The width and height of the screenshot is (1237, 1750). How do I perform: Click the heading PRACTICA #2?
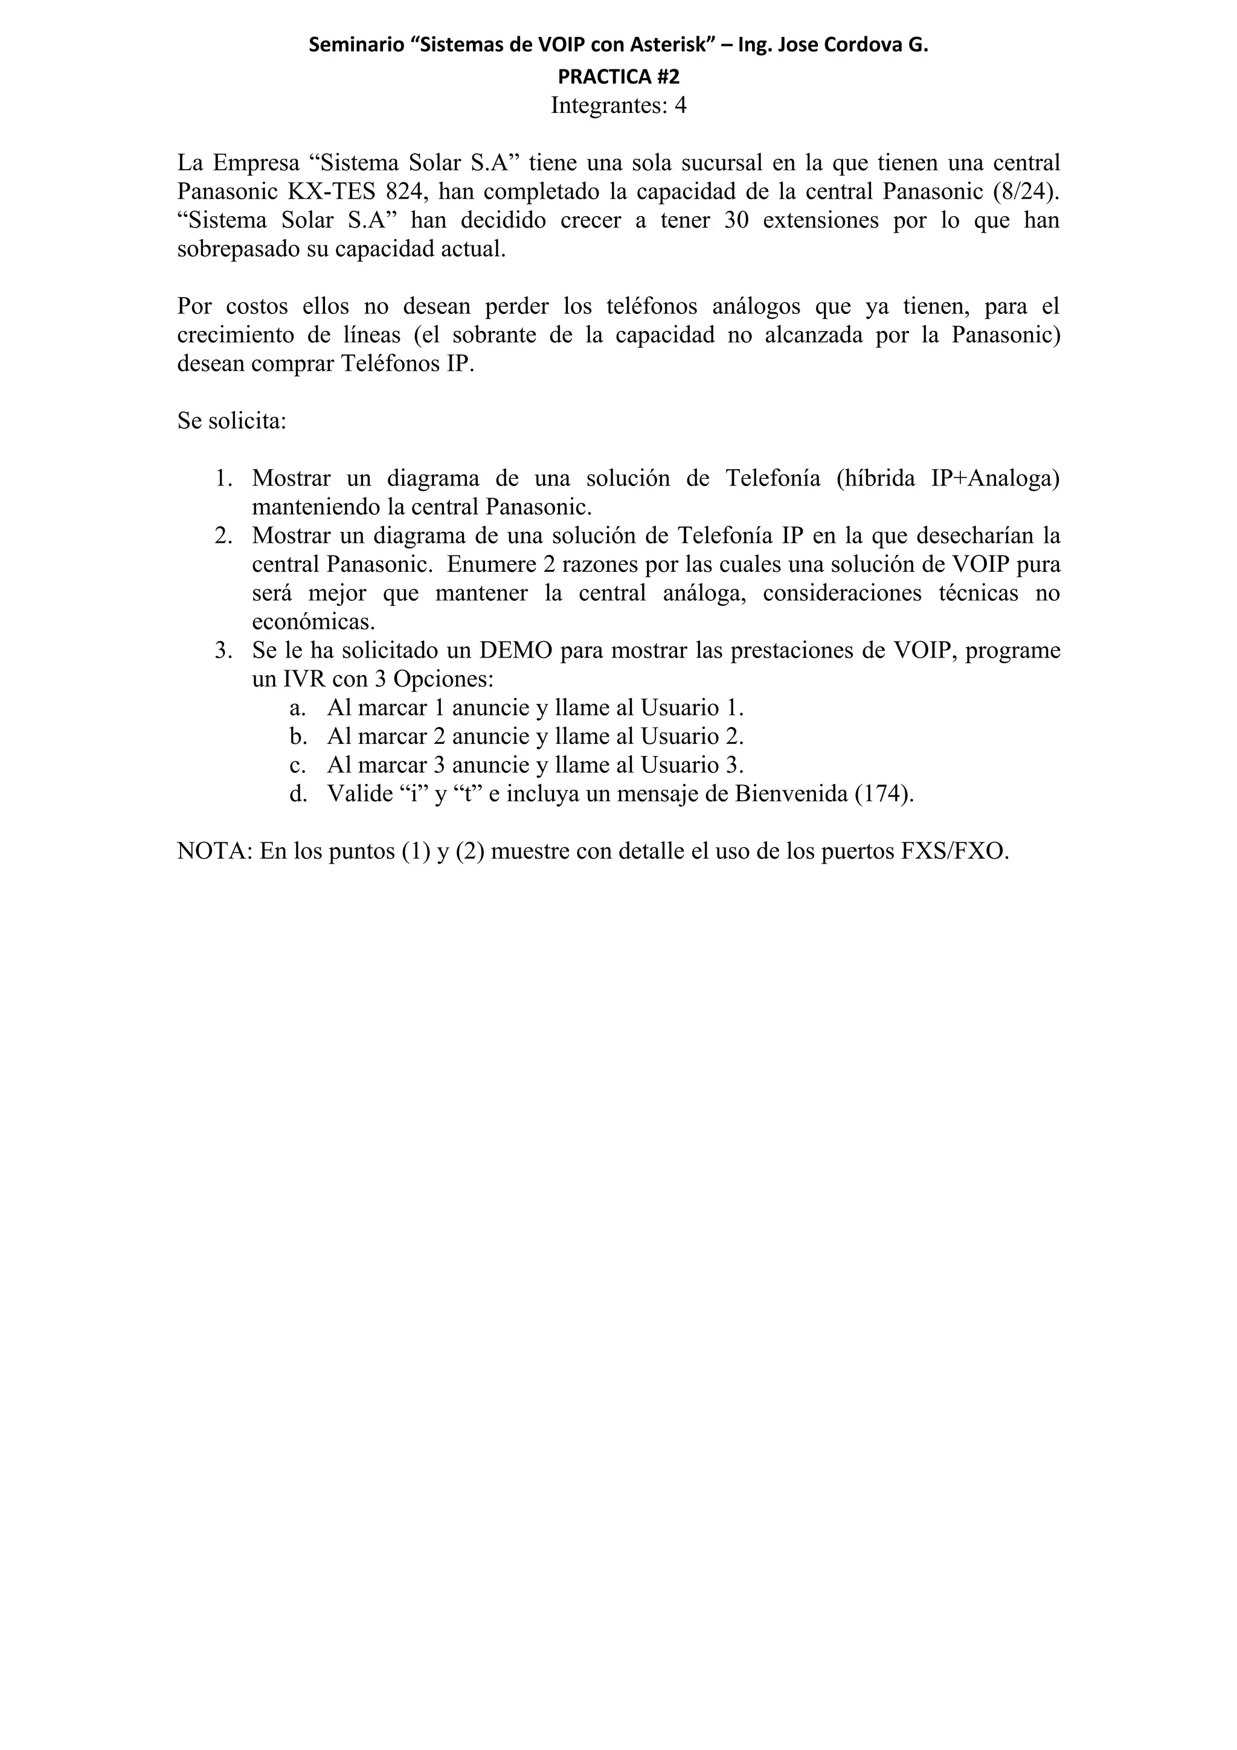tap(618, 76)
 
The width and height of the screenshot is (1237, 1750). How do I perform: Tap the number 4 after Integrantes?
tap(680, 106)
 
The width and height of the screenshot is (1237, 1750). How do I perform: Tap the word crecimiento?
tap(236, 335)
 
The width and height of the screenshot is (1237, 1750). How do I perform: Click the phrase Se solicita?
tap(232, 421)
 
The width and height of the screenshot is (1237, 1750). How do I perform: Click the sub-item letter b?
tap(298, 737)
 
